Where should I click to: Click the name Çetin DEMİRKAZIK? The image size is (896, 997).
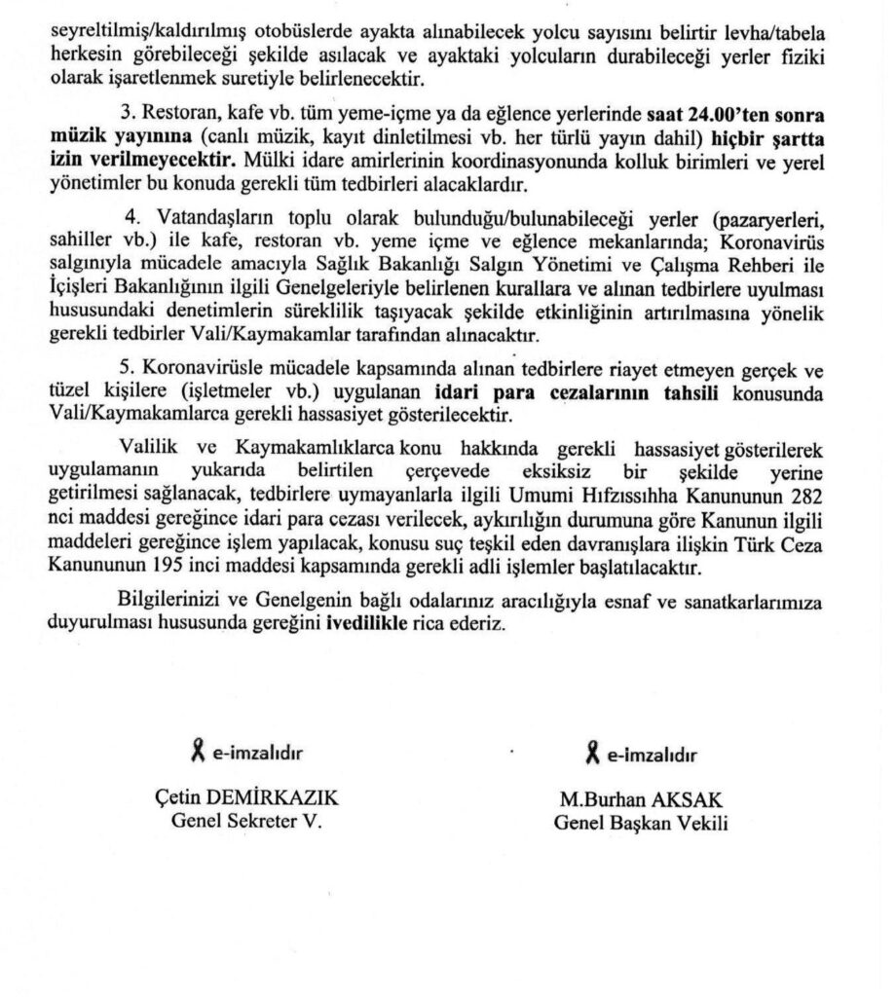245,798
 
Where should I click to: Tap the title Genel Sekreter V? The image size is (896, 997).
245,820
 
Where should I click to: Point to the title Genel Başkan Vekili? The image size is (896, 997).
641,821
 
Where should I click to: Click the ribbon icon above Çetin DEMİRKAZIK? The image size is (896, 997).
198,751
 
